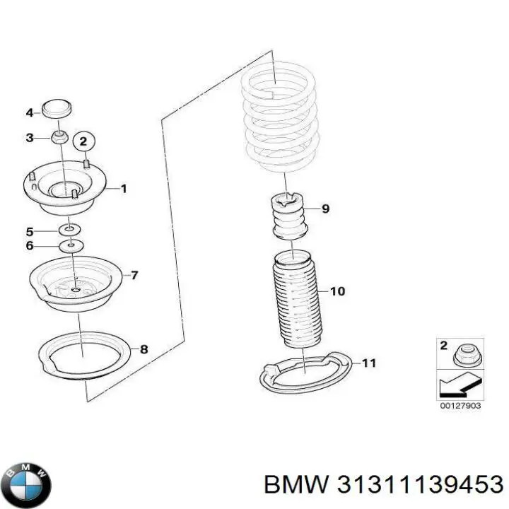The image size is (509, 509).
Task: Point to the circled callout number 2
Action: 83,142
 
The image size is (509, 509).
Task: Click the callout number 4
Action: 29,112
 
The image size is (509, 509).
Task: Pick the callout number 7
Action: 134,275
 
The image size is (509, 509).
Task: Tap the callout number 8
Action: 144,349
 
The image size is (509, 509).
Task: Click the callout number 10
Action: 337,291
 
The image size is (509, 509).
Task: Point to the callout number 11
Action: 368,363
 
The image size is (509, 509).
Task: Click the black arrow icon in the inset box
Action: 455,386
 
